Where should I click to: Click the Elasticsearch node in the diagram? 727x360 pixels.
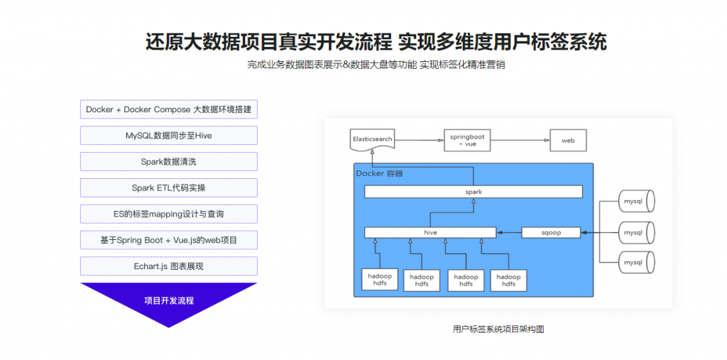[x=372, y=139]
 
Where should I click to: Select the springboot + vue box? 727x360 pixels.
[x=467, y=140]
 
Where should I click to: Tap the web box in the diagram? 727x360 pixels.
[x=568, y=140]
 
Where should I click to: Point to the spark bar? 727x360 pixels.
[x=474, y=192]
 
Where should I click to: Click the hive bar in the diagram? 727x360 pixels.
[x=430, y=232]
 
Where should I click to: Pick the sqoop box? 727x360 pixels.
[x=551, y=232]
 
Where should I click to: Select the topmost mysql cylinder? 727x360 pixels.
[x=637, y=202]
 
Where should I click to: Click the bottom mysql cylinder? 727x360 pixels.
[x=637, y=263]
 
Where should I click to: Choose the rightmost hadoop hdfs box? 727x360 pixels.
[x=508, y=280]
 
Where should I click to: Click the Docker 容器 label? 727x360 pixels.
[x=379, y=173]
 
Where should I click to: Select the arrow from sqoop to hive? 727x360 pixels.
[x=509, y=232]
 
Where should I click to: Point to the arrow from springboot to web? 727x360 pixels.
[x=520, y=140]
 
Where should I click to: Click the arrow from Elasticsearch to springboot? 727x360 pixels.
[x=419, y=140]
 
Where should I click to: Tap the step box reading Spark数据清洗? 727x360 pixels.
[x=169, y=161]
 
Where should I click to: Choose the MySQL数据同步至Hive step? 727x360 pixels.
[x=169, y=136]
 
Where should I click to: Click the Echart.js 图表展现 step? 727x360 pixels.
[x=169, y=266]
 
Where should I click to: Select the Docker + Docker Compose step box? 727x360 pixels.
[x=169, y=109]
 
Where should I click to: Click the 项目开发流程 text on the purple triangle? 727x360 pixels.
[x=169, y=300]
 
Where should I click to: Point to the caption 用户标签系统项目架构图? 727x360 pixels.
[x=498, y=329]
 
